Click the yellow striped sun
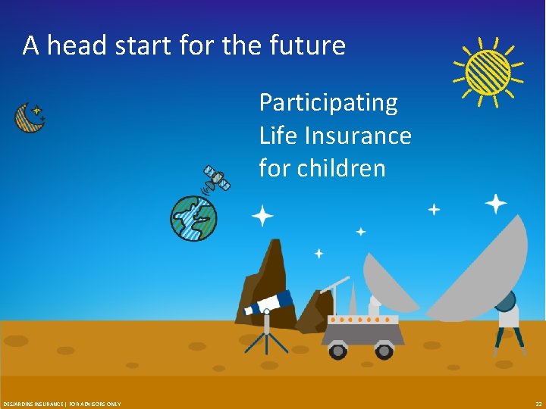[488, 72]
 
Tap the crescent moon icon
[28, 117]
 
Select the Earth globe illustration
[193, 218]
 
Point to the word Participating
[328, 102]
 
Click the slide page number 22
[538, 404]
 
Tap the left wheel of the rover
[337, 351]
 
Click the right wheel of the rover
[384, 351]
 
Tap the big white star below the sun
[496, 203]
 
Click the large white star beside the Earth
[262, 217]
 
